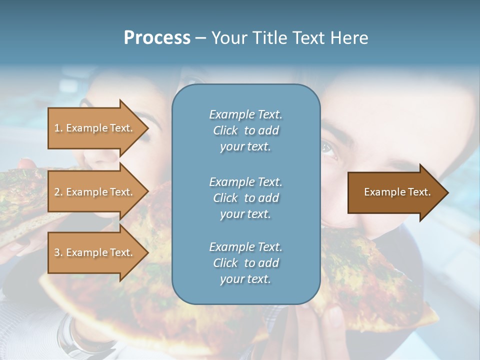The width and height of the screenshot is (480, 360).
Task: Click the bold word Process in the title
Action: [x=157, y=38]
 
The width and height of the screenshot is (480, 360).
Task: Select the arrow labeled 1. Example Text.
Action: [x=95, y=128]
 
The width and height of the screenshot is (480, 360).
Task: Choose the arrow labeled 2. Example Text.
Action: [x=95, y=192]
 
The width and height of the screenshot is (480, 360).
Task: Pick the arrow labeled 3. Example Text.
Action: [x=95, y=252]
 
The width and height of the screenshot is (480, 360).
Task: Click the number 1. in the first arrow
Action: [x=58, y=128]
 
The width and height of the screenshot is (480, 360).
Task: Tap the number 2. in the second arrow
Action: [x=58, y=192]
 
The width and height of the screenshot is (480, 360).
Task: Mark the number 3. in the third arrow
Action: [x=58, y=252]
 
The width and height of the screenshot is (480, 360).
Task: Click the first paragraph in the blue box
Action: [x=245, y=130]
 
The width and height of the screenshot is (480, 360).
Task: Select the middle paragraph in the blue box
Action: [x=245, y=198]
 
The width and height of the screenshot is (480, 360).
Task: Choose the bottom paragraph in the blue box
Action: [x=245, y=263]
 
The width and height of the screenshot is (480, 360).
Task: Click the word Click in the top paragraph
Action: [x=225, y=130]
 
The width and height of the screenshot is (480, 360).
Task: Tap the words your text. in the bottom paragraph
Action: [x=245, y=279]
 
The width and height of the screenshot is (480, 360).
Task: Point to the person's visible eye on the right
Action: [x=328, y=148]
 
